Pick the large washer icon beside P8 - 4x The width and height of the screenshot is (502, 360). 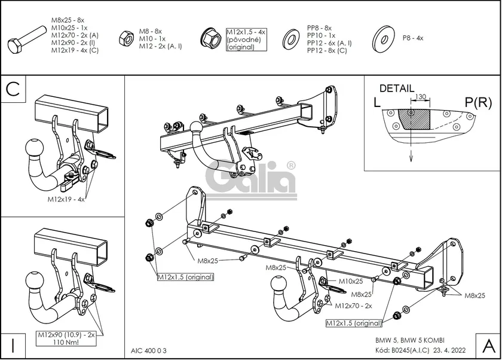tap(383, 38)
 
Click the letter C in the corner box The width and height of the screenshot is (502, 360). tap(13, 89)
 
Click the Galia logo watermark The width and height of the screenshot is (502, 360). tap(251, 178)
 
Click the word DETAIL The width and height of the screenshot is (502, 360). tap(396, 89)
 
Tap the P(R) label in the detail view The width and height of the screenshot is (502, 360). tap(477, 102)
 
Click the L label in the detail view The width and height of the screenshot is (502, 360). tap(377, 102)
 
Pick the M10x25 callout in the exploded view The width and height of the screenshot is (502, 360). tap(351, 281)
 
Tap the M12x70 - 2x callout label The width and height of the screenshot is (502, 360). tap(353, 306)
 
